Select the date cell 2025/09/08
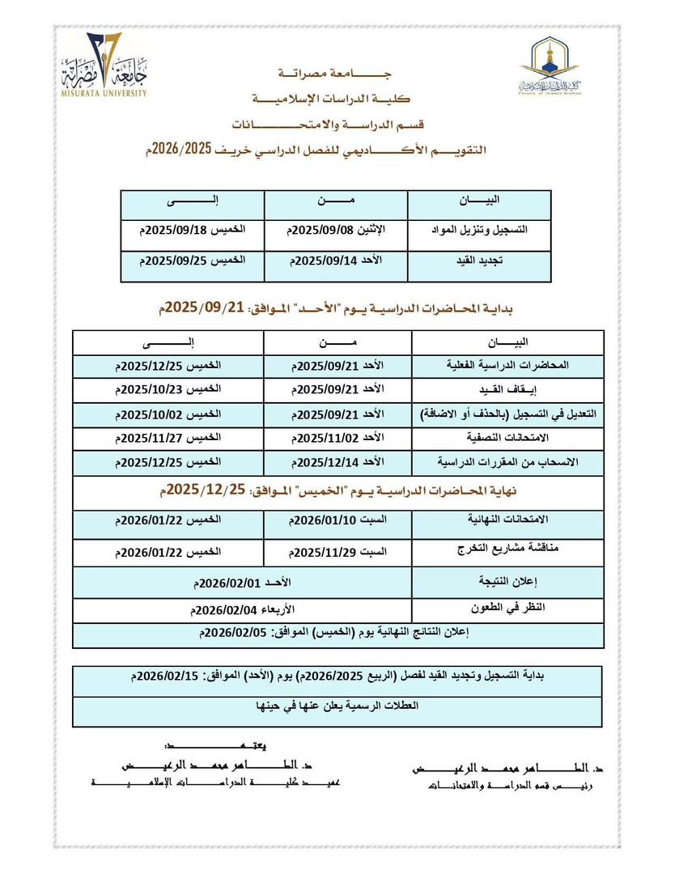point(336,230)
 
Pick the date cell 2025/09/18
point(192,230)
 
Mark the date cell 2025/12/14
point(336,462)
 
